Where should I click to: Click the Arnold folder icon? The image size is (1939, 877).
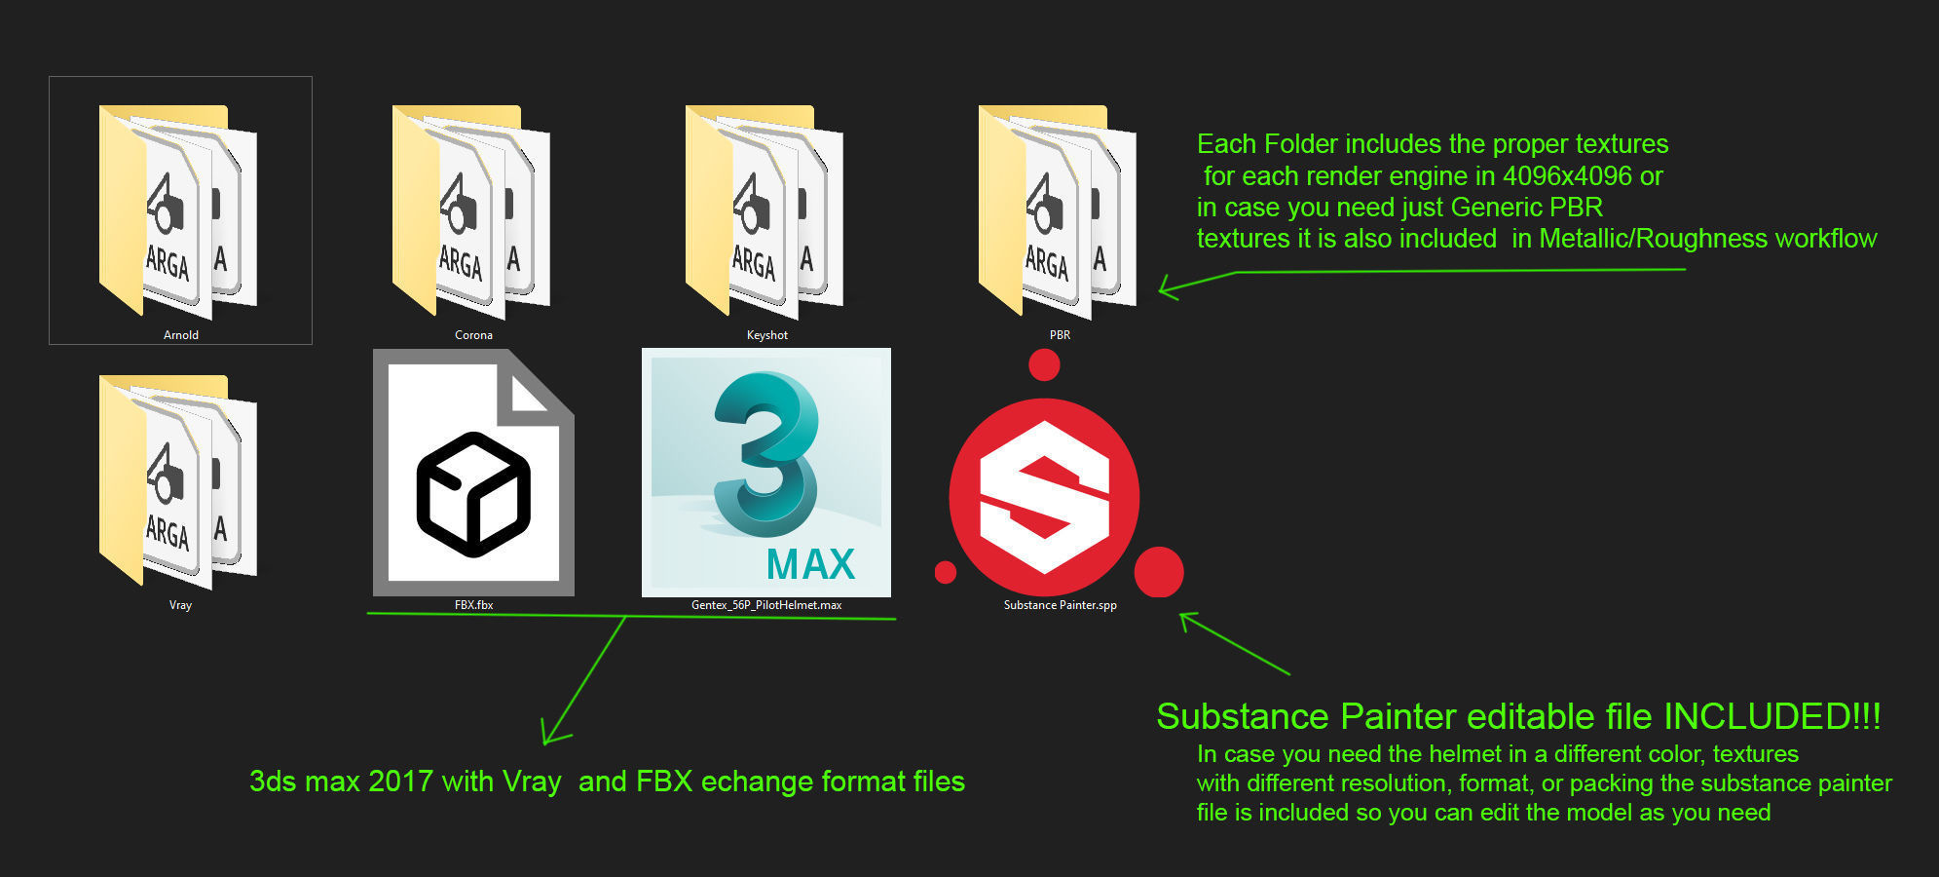(178, 211)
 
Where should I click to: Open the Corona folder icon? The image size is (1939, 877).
(471, 211)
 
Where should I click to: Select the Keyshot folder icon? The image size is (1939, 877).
(764, 211)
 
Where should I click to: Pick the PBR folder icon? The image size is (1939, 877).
(1058, 211)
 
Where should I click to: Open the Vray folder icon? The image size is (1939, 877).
(178, 481)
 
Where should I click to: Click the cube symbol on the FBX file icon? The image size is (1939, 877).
(473, 494)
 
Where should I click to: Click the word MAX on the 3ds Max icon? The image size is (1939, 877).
(810, 564)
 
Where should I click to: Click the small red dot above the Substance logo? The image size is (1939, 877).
(1044, 365)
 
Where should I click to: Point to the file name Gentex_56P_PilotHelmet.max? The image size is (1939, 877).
(766, 605)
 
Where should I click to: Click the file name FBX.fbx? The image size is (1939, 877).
(473, 605)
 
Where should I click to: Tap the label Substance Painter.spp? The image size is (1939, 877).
(1060, 605)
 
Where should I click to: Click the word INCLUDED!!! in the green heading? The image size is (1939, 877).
(1771, 716)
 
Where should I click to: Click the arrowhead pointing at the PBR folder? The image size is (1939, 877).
(1166, 288)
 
